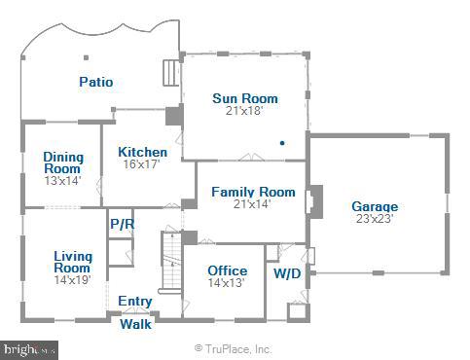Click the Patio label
[95, 83]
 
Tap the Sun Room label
[245, 98]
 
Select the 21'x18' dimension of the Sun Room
[245, 111]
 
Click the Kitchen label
[142, 153]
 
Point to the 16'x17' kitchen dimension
[142, 165]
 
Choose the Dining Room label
[62, 162]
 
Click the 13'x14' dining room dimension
[62, 180]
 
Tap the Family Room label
[253, 193]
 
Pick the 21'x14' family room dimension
[253, 204]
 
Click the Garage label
[375, 207]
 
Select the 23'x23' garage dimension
[375, 219]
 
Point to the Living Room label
[72, 262]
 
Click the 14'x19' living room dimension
[72, 280]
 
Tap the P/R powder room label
[122, 225]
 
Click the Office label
[228, 270]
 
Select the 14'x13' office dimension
[228, 283]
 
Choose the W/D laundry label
[286, 273]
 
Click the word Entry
[134, 302]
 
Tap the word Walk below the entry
[135, 325]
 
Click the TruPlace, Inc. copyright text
[234, 348]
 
